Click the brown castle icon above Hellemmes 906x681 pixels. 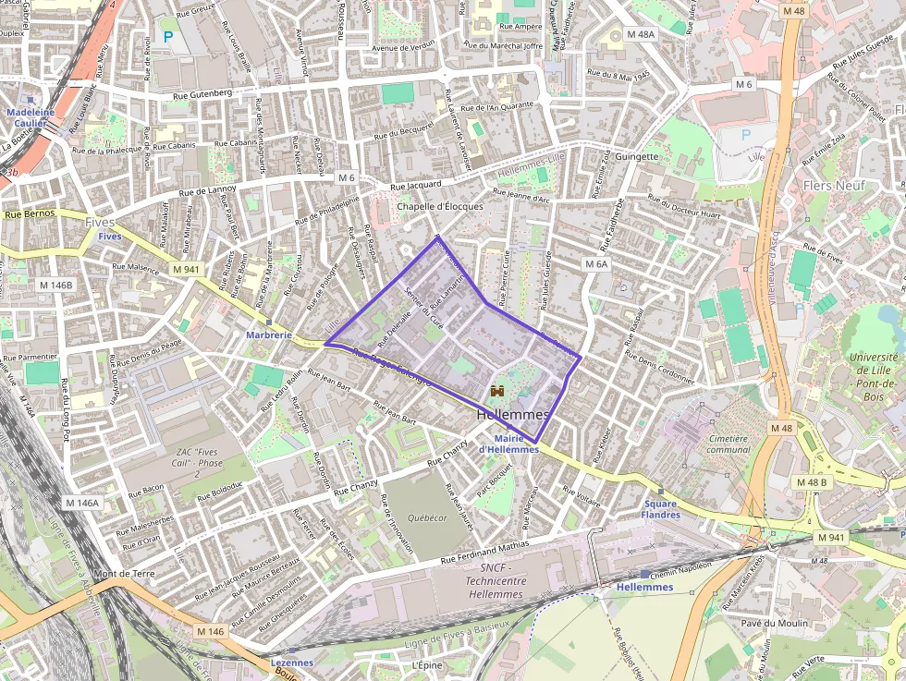496,392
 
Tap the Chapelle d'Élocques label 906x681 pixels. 440,206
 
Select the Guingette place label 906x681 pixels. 636,156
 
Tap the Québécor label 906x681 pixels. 428,517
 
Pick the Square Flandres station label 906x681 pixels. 660,509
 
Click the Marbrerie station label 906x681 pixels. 269,334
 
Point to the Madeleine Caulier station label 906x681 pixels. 31,117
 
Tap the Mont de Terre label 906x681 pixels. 124,573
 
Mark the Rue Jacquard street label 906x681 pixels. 417,186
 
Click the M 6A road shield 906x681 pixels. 596,263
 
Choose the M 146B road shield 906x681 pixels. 55,285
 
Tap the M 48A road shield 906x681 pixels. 639,34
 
